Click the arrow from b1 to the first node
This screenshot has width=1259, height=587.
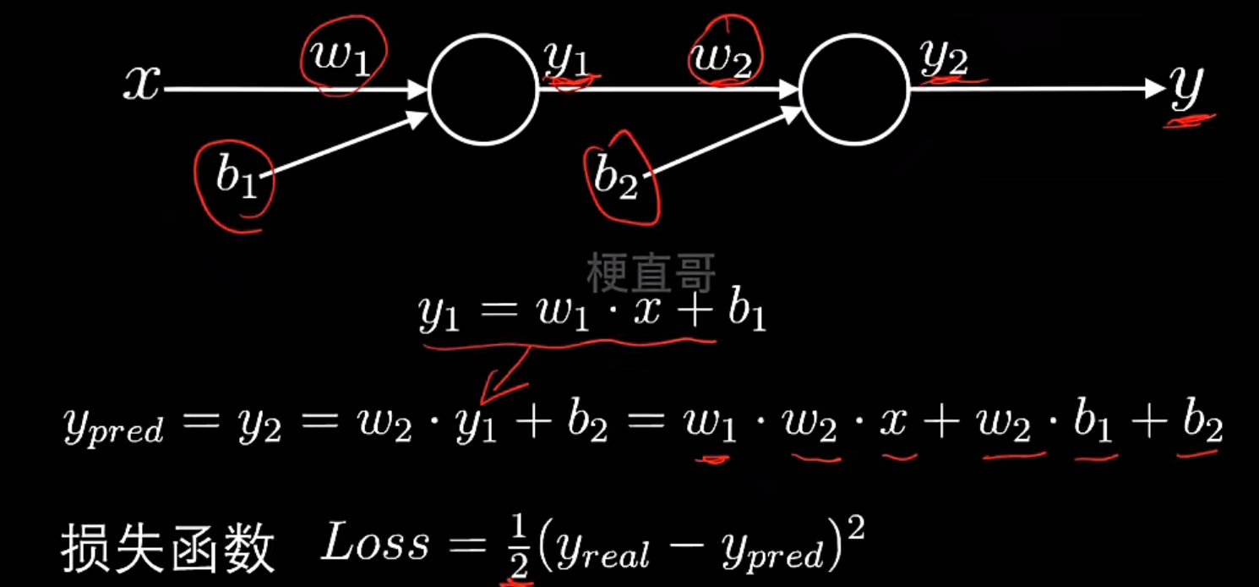[346, 145]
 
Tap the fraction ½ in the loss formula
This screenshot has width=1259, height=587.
[515, 548]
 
